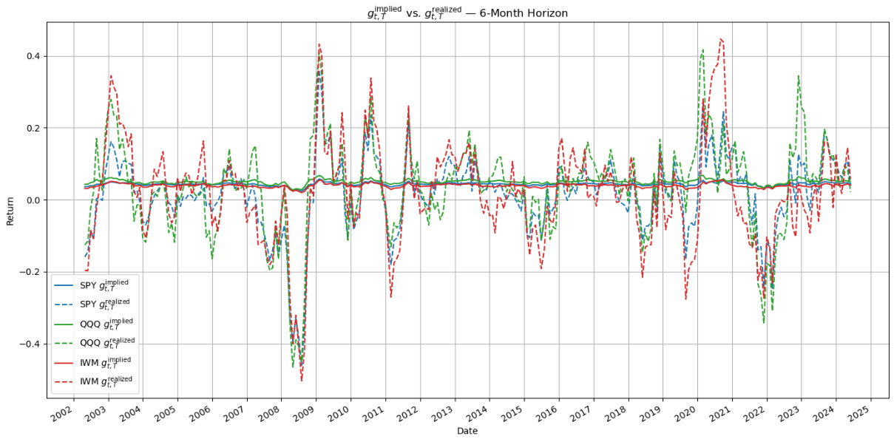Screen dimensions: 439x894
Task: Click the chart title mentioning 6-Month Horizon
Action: pos(467,13)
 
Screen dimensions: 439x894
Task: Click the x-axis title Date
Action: pos(467,430)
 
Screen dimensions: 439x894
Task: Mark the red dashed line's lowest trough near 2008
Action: pos(301,380)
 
